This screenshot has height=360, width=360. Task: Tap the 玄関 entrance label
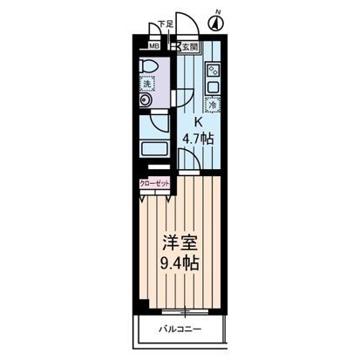(x=189, y=47)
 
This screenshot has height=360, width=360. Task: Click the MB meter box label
(x=153, y=47)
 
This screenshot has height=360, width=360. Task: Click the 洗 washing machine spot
(x=147, y=85)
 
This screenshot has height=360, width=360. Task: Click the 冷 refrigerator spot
(x=213, y=101)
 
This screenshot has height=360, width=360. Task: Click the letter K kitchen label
(x=198, y=122)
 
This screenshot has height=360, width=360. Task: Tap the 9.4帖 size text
(x=180, y=262)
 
